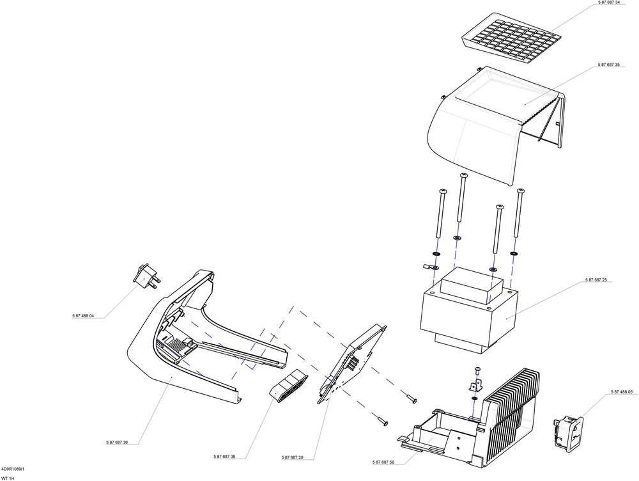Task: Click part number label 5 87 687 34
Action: tap(609, 3)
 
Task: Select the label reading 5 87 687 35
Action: tap(609, 65)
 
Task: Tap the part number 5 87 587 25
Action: tap(596, 280)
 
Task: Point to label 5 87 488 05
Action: tap(621, 392)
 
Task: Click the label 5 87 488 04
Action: tap(83, 316)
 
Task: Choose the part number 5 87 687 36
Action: tap(117, 443)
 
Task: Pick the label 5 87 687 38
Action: tap(224, 457)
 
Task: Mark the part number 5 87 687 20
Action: tap(292, 457)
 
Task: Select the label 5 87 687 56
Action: tap(383, 462)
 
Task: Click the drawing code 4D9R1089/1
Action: tap(13, 469)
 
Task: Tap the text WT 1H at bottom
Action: tap(8, 478)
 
